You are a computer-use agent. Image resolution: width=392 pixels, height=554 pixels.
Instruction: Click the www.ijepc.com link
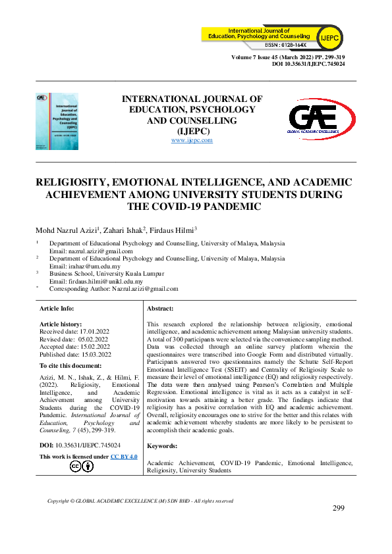click(192, 140)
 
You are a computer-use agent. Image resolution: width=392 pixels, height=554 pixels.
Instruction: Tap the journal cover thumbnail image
click(57, 120)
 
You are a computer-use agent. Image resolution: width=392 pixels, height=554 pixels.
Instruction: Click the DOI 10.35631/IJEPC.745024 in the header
click(308, 65)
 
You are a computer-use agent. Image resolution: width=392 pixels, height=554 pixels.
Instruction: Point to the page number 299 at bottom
click(339, 508)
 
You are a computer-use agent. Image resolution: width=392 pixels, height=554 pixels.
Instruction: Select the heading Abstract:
click(159, 308)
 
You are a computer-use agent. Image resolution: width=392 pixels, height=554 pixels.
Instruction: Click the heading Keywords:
click(162, 446)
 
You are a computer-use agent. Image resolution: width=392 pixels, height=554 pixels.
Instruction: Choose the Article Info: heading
click(57, 308)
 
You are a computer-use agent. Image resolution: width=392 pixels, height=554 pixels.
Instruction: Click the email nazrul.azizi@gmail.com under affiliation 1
click(91, 251)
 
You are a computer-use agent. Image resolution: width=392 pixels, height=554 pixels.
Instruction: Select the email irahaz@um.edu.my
click(85, 266)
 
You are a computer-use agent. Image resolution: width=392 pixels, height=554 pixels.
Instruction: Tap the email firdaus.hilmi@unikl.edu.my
click(96, 281)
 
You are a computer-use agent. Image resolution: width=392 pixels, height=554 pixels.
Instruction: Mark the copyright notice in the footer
click(140, 501)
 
